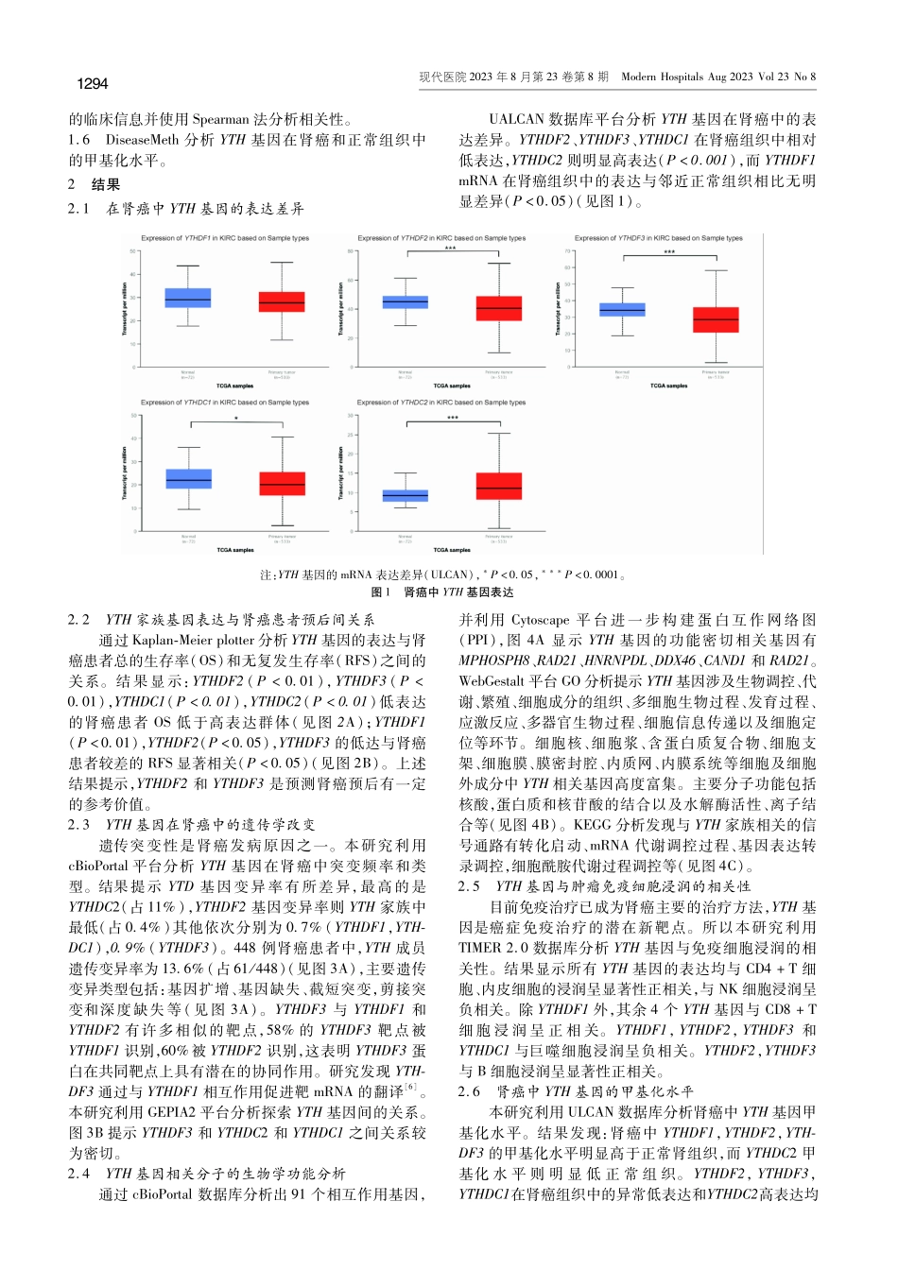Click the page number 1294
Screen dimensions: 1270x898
click(93, 84)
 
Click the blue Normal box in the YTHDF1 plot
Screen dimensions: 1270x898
click(187, 299)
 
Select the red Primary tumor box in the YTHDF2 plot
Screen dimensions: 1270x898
click(498, 309)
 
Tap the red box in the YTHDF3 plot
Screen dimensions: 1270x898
click(716, 319)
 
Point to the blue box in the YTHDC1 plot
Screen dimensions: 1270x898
click(188, 478)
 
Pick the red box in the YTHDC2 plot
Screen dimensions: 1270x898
click(499, 486)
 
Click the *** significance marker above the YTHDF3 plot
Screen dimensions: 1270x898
click(669, 252)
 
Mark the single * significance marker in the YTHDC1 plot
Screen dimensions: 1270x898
click(236, 419)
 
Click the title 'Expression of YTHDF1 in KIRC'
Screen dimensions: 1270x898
click(225, 238)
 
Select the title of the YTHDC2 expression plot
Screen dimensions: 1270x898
click(441, 403)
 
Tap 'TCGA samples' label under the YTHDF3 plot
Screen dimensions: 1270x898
click(669, 386)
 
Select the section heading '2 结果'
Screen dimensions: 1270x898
click(94, 185)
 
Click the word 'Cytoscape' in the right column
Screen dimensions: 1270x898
click(542, 620)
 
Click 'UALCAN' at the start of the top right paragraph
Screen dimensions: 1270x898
click(516, 120)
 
